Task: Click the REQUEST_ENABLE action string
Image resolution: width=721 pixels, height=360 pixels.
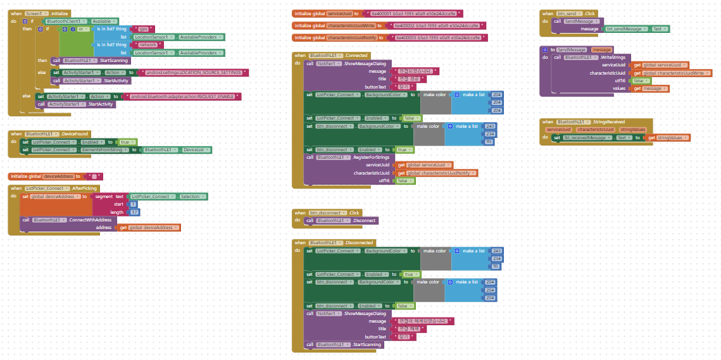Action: coord(184,96)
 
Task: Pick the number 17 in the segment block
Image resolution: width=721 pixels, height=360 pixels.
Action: coord(134,212)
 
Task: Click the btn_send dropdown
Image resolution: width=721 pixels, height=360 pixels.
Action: coord(567,13)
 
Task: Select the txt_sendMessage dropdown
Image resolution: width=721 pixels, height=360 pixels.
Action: coord(626,29)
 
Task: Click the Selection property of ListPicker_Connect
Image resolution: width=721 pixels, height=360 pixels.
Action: coord(190,197)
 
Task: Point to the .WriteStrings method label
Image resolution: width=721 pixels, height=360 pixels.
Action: coord(612,57)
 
